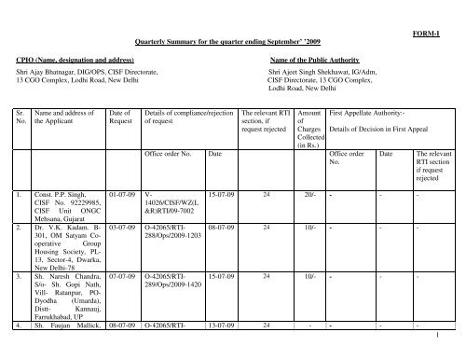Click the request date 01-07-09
coord(125,195)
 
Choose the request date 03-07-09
coord(125,226)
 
